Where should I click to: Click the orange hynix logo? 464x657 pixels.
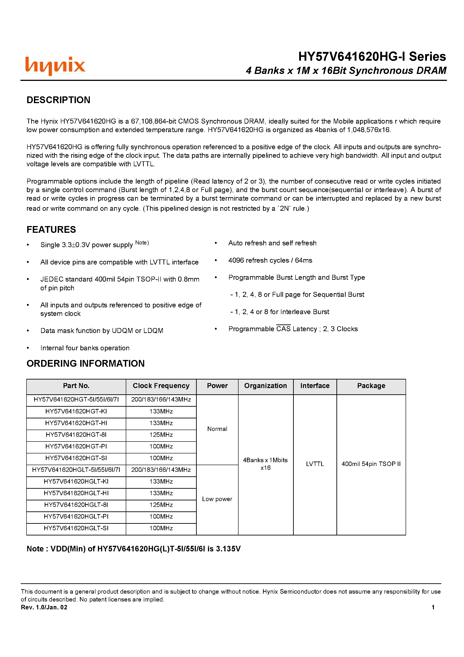click(55, 66)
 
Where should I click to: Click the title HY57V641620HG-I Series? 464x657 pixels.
click(372, 56)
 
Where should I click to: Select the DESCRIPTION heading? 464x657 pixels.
click(58, 100)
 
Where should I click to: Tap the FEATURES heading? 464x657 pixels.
click(51, 229)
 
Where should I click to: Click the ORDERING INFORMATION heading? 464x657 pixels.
click(86, 363)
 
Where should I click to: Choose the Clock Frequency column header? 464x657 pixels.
click(161, 386)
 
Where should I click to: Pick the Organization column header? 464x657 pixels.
click(265, 386)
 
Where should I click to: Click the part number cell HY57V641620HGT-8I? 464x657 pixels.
click(76, 435)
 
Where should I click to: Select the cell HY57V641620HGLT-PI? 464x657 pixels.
click(76, 517)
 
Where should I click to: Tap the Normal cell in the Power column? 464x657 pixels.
click(217, 429)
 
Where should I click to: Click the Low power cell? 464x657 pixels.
click(217, 499)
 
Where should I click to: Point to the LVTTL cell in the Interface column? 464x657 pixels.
click(315, 464)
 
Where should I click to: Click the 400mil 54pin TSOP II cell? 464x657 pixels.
click(371, 464)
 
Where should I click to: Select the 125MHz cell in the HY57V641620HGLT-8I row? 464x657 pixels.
click(161, 505)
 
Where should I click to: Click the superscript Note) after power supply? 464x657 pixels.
click(142, 243)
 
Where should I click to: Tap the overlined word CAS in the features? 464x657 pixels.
click(283, 329)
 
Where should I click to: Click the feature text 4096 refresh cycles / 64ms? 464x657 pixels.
click(270, 260)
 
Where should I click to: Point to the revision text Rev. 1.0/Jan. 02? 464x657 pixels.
click(44, 607)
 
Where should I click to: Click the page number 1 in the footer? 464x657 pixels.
click(433, 607)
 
